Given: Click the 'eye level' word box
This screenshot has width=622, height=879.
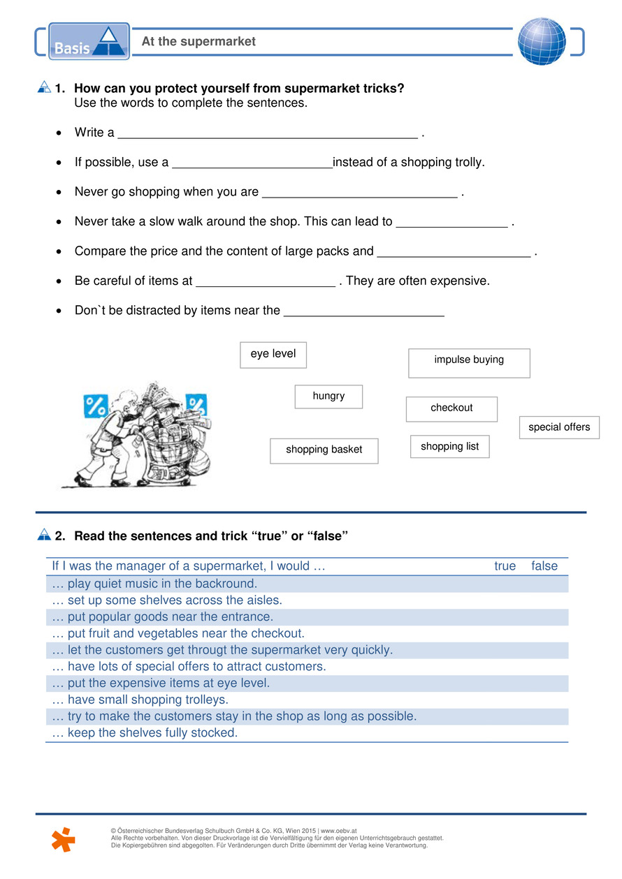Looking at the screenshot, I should point(273,355).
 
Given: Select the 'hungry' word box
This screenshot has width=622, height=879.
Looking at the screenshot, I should point(328,397).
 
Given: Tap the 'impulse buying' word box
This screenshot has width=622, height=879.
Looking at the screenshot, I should point(469,362).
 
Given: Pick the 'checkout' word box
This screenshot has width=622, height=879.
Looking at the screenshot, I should point(451,409).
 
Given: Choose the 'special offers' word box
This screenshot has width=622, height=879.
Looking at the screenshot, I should point(559,427).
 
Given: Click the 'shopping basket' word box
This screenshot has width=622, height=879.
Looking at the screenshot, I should point(324,450).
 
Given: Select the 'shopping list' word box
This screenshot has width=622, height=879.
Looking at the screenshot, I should point(449,447).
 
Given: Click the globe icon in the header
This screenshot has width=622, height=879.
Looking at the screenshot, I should point(542,41).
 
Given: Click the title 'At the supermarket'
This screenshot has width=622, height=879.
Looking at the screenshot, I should point(198,42).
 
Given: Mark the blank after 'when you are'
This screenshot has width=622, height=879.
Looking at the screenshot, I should point(359,193).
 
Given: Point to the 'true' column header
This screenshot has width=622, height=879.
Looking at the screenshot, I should point(505,566).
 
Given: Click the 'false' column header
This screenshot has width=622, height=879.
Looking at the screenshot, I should point(544,566).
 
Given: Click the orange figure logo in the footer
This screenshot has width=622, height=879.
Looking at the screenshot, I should point(64,839).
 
